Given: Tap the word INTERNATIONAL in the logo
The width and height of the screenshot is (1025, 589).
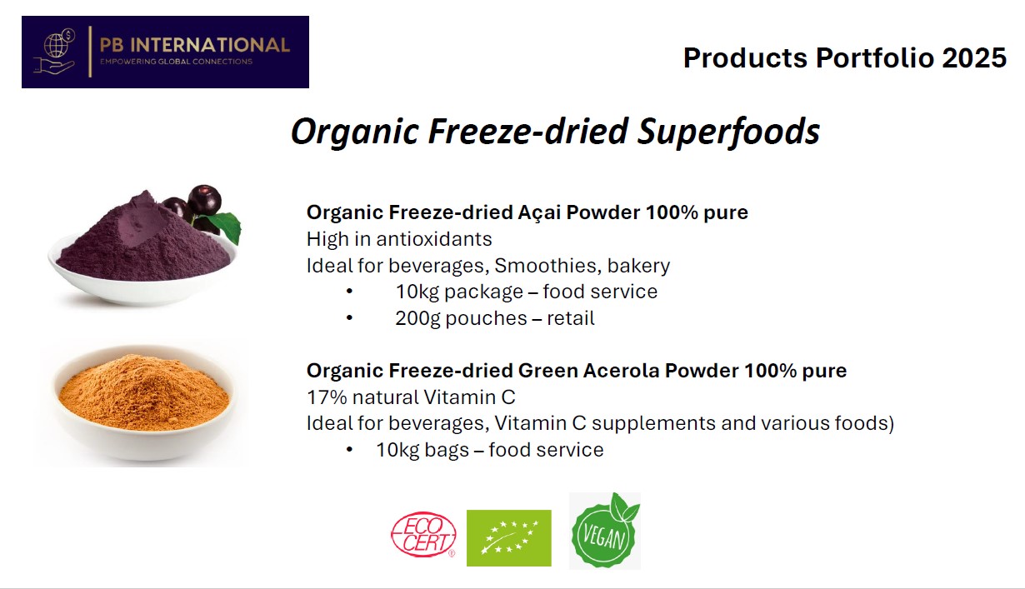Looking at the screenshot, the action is (x=210, y=45).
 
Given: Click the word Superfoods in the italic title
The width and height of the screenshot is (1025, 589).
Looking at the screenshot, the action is (x=728, y=132).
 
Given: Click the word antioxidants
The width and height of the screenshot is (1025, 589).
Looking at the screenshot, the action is (x=434, y=239).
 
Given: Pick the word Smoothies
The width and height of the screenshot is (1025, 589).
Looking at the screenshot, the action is (x=547, y=266).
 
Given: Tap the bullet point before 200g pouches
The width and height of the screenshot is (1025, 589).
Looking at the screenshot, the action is (x=350, y=317).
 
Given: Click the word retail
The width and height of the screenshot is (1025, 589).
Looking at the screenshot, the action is (x=571, y=318).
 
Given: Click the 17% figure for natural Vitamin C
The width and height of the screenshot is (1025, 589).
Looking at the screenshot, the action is (x=327, y=397).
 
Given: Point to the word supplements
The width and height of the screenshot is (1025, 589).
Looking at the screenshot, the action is (x=653, y=424).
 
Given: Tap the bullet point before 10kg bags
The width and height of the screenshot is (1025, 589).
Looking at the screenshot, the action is (x=350, y=450).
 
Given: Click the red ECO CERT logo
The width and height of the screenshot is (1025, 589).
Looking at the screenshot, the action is (x=423, y=534).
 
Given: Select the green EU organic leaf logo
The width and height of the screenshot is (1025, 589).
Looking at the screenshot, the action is (x=509, y=538).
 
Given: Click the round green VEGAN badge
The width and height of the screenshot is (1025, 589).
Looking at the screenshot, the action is (x=604, y=532).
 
